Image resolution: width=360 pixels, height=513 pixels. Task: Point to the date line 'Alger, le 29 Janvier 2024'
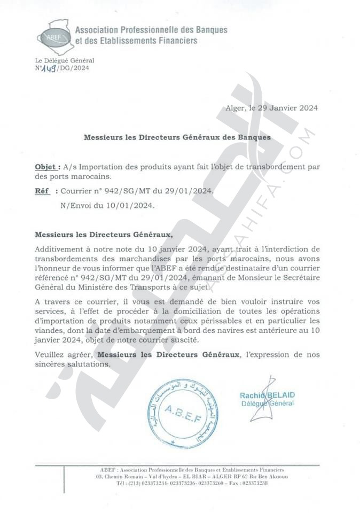pyautogui.click(x=272, y=107)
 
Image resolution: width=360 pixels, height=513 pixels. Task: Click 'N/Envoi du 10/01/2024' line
pyautogui.click(x=107, y=204)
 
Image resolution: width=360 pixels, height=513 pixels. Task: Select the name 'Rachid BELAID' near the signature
pyautogui.click(x=267, y=395)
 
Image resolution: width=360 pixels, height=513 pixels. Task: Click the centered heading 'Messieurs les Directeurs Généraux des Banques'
pyautogui.click(x=177, y=137)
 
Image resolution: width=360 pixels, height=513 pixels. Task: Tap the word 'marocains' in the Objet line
pyautogui.click(x=94, y=175)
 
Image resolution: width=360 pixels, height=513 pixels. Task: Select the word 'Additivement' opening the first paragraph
pyautogui.click(x=59, y=249)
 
